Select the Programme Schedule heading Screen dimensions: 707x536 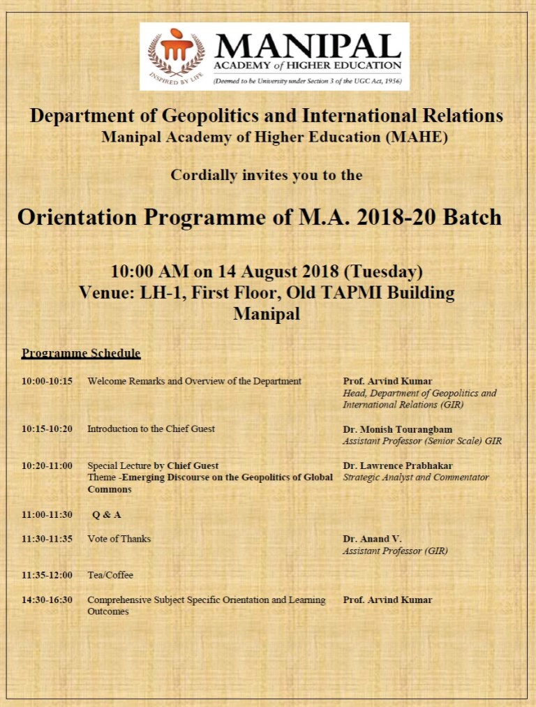(81, 353)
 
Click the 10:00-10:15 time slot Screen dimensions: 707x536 (47, 382)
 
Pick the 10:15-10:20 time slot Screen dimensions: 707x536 (47, 429)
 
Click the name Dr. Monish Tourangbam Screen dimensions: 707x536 (397, 429)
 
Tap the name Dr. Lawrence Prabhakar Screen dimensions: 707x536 (398, 466)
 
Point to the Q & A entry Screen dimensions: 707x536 (107, 515)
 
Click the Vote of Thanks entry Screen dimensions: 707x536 (119, 539)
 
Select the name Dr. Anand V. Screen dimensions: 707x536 (372, 539)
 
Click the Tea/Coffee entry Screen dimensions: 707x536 (110, 575)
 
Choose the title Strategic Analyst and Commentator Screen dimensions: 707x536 (416, 477)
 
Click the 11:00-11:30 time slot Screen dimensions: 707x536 (47, 515)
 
